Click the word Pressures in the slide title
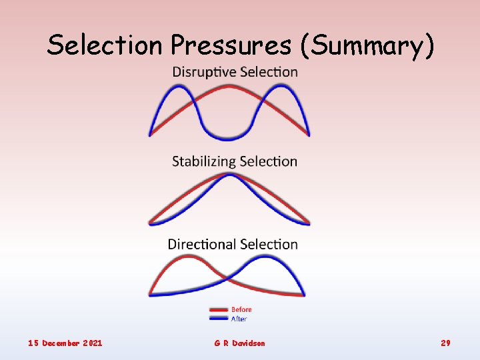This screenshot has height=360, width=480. pyautogui.click(x=231, y=45)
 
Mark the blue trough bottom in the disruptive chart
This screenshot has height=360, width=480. pyautogui.click(x=228, y=138)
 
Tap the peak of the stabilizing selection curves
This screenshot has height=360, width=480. pyautogui.click(x=229, y=175)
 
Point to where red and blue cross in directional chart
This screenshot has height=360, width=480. pyautogui.click(x=228, y=276)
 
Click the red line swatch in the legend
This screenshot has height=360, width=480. pyautogui.click(x=218, y=310)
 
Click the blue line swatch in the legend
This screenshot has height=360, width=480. pyautogui.click(x=218, y=319)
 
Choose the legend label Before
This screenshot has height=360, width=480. pyautogui.click(x=241, y=309)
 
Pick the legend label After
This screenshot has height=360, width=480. pyautogui.click(x=239, y=319)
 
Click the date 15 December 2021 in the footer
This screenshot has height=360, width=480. pyautogui.click(x=65, y=343)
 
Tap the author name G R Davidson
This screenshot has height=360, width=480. pyautogui.click(x=239, y=343)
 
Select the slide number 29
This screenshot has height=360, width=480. pyautogui.click(x=445, y=343)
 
